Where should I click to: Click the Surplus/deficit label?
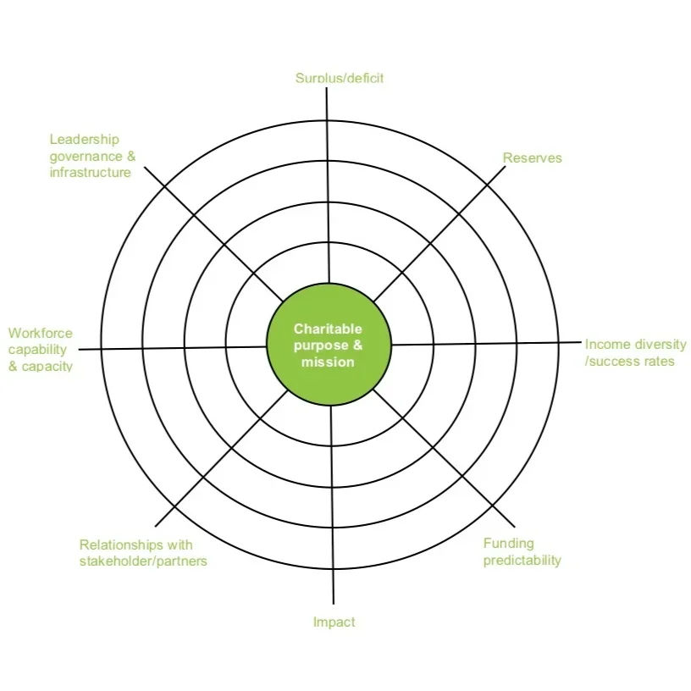tap(339, 78)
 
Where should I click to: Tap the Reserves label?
tap(532, 158)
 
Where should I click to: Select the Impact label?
tap(334, 622)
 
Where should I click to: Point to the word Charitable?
tap(328, 329)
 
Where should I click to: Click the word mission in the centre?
tap(328, 362)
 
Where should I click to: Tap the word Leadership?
tap(84, 140)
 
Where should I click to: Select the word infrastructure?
tap(90, 173)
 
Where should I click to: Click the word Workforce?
tap(41, 334)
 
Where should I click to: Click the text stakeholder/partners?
tap(143, 561)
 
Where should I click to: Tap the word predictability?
tap(522, 560)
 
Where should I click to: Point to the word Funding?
tap(508, 544)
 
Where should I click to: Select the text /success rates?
tap(630, 362)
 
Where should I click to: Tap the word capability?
tap(37, 350)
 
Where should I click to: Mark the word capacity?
tap(47, 367)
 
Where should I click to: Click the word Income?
tap(606, 345)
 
